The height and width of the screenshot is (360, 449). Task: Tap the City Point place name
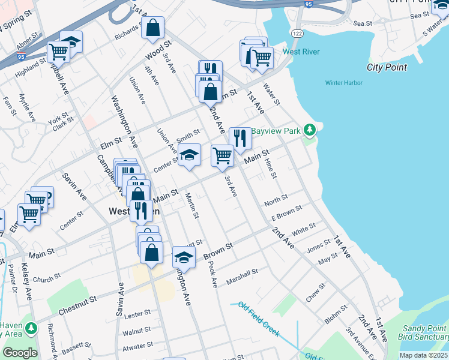click(387, 67)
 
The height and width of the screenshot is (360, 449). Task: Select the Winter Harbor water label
click(345, 83)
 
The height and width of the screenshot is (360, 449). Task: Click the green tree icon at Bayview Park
click(309, 130)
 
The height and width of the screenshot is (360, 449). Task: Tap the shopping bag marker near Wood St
click(153, 28)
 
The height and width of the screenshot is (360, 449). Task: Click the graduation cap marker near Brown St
click(184, 257)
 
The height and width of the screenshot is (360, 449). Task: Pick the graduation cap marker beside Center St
click(189, 155)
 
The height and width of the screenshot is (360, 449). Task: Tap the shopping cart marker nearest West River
click(262, 58)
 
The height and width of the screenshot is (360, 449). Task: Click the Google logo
click(20, 353)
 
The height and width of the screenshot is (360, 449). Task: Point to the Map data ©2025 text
click(423, 355)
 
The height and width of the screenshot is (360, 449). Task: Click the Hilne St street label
click(271, 167)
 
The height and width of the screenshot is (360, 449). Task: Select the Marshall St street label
click(242, 277)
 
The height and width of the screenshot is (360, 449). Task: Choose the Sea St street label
click(363, 23)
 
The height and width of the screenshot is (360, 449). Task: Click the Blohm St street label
click(336, 315)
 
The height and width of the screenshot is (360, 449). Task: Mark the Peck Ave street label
click(212, 274)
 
